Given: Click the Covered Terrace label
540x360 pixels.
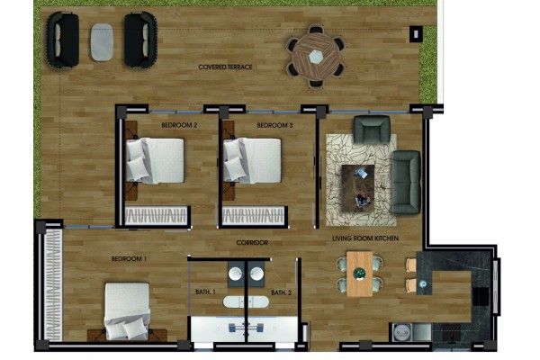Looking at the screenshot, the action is (225, 67).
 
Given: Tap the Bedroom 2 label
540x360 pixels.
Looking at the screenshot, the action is (179, 125).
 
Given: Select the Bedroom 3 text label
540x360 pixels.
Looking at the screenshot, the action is (274, 125).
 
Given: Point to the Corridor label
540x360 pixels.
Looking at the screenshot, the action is (252, 243).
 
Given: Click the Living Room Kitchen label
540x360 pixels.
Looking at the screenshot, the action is (365, 238).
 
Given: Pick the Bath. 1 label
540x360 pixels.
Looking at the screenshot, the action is (205, 292).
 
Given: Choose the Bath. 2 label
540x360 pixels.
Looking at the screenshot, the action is (282, 292).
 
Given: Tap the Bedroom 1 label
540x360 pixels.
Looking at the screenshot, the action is (129, 258).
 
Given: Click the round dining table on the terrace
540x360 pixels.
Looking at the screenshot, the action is (315, 57).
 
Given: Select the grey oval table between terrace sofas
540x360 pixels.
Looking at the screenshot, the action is (102, 42).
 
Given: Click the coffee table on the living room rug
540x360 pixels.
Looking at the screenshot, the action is (358, 188).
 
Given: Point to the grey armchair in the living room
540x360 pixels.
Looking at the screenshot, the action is (372, 130).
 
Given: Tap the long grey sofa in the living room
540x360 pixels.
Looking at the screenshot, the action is (406, 182).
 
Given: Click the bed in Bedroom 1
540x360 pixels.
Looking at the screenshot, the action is (128, 310).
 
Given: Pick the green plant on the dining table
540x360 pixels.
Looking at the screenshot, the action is (359, 274).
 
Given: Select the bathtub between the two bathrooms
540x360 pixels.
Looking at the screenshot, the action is (246, 302).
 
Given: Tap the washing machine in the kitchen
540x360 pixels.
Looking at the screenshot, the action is (401, 332).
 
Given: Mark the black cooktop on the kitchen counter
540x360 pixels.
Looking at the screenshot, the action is (480, 297).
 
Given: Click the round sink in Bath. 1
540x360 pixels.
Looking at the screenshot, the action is (236, 274).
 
